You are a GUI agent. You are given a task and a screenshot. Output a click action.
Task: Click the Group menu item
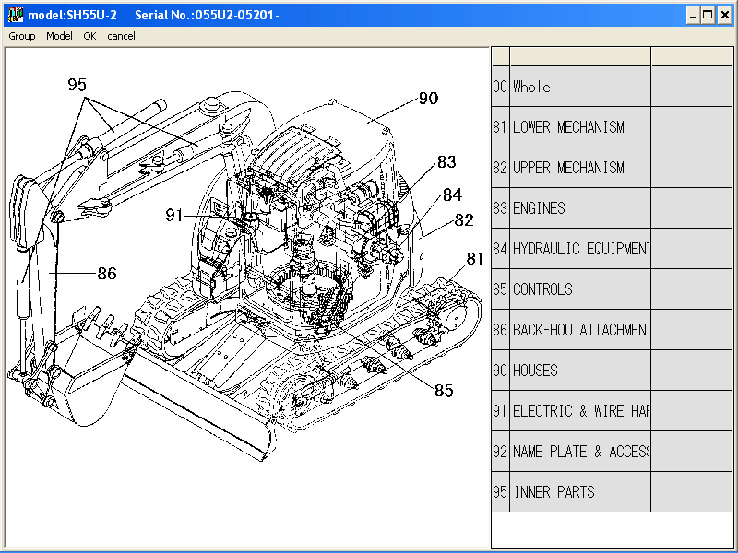22,36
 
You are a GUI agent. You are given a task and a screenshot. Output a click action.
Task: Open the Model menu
59,36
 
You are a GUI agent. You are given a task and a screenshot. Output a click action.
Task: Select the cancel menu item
121,36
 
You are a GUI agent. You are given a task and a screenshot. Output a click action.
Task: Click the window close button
725,15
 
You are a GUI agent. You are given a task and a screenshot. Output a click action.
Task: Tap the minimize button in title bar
692,15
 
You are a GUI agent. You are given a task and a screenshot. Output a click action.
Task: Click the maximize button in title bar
708,15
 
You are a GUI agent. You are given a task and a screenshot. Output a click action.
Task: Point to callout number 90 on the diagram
428,99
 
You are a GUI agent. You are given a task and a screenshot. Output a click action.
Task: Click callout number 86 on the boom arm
107,273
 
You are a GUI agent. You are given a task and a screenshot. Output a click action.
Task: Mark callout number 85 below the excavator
444,390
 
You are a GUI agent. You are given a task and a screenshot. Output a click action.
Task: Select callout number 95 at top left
77,85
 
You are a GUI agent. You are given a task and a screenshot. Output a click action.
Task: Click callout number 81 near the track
475,260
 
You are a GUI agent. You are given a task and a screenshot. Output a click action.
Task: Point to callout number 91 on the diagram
175,215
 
